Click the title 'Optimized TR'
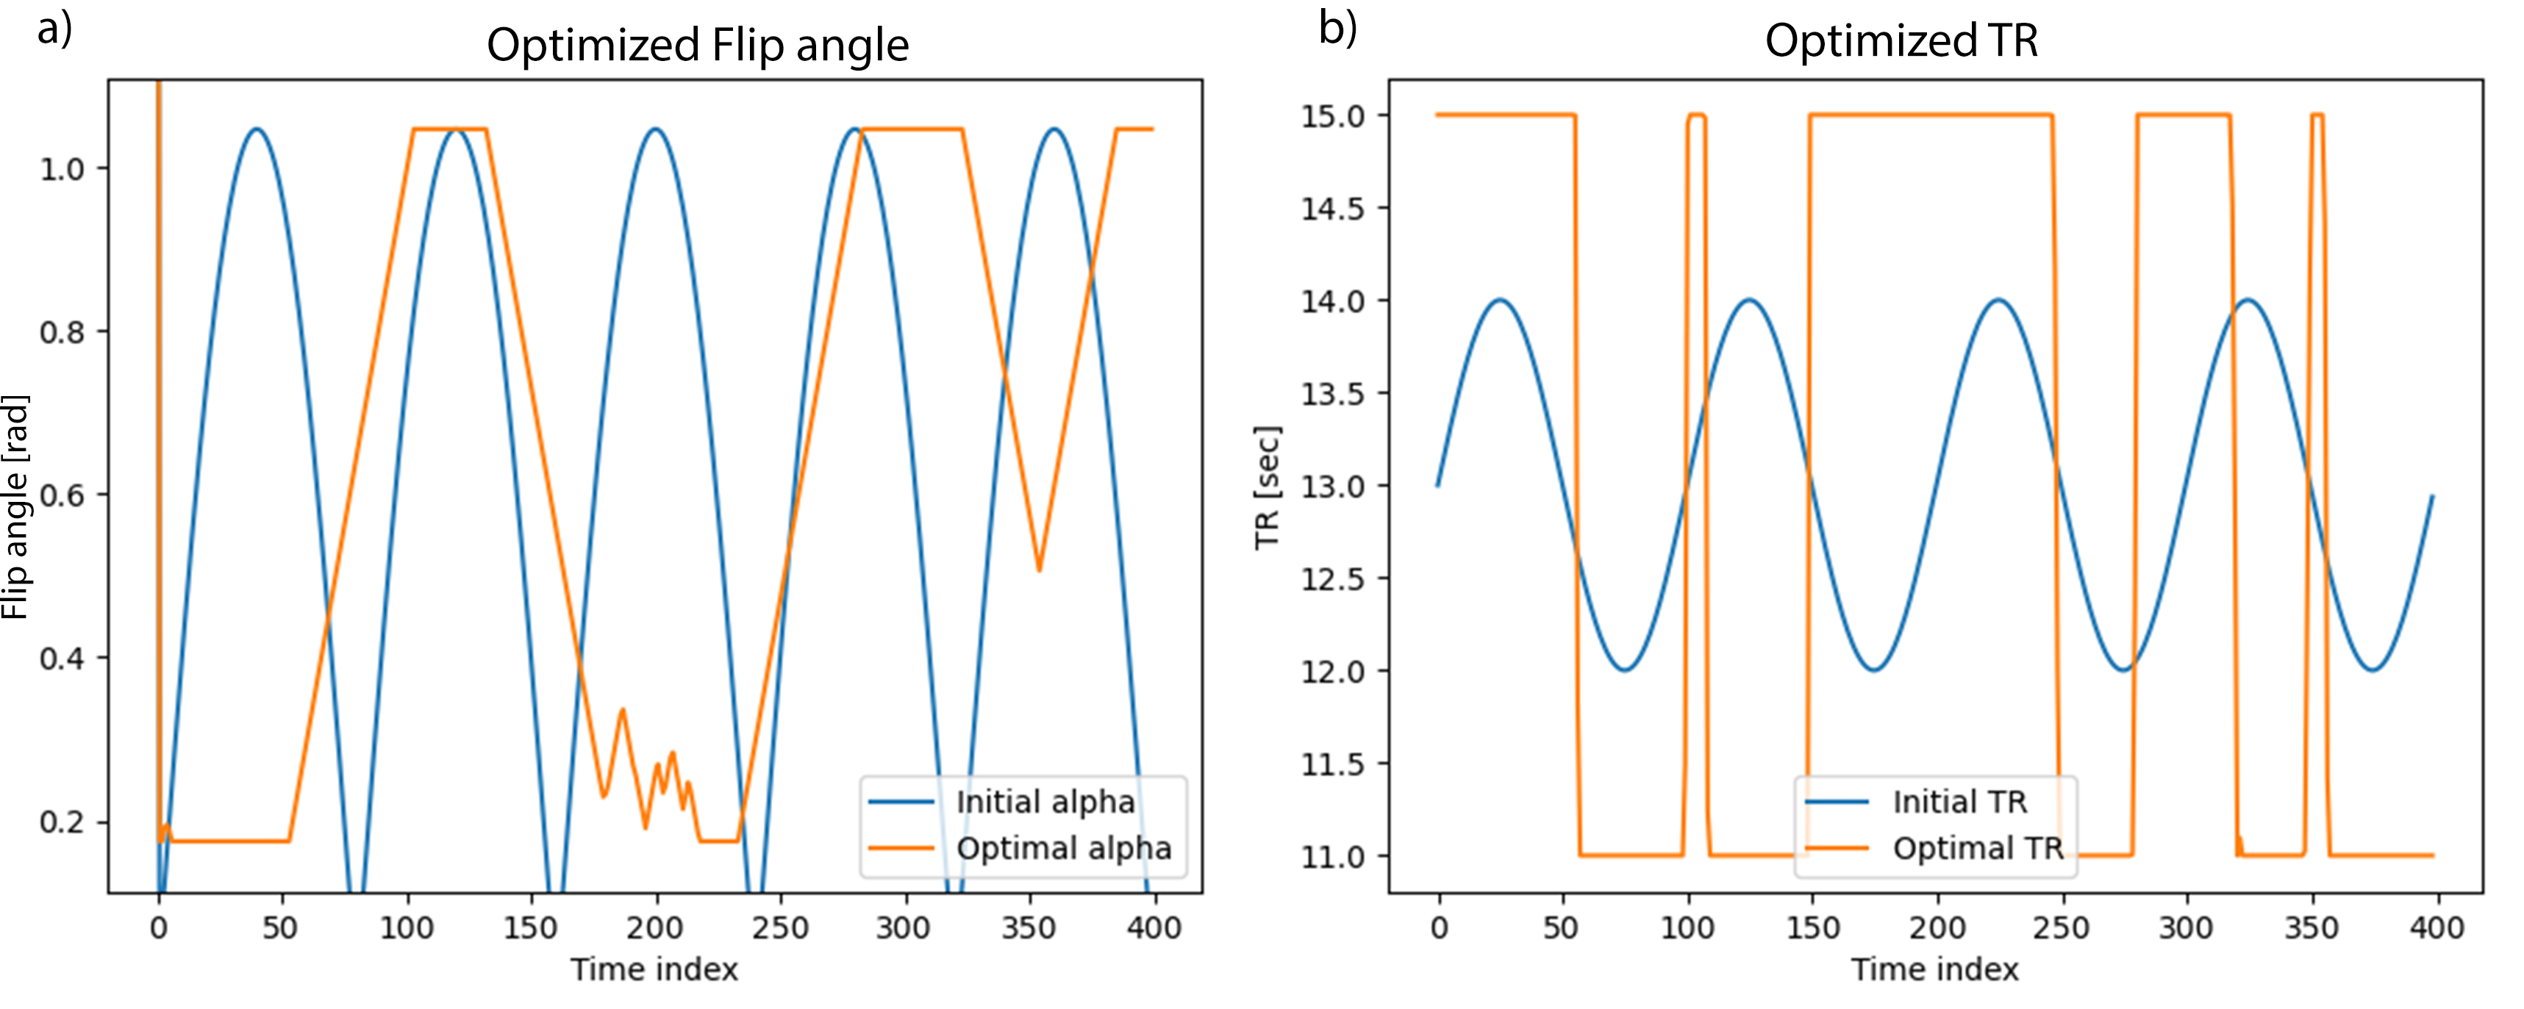[1901, 41]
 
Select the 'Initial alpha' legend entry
[1045, 802]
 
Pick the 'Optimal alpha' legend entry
[1063, 848]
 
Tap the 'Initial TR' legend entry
[1959, 802]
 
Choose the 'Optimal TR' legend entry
[1977, 848]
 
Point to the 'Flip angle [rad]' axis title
[15, 506]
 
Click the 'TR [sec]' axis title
[1267, 487]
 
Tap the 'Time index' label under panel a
[654, 970]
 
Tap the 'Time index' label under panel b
[1934, 970]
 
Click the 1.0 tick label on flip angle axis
[62, 170]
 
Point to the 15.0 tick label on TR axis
[1331, 115]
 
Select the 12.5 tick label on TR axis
[1331, 579]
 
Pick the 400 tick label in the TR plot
[2436, 927]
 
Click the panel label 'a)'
[55, 29]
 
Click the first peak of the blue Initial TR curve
[1499, 301]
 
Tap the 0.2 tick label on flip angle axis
[62, 822]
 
